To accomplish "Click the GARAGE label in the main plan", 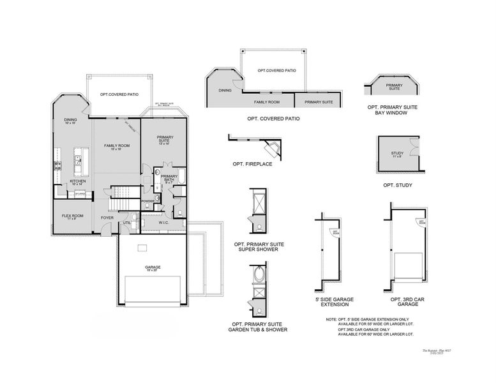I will [153, 267].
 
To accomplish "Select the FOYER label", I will [107, 218].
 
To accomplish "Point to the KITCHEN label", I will [78, 181].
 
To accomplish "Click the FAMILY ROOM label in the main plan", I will [117, 146].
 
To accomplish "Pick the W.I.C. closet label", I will [163, 223].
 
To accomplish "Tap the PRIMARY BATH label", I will [169, 178].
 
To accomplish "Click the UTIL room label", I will [126, 222].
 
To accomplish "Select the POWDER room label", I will [148, 200].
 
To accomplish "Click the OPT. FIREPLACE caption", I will [253, 164].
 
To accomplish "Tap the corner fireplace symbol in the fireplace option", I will [273, 149].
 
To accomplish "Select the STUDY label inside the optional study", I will [397, 154].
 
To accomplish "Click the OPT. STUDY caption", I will [397, 185].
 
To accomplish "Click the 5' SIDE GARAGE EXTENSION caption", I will [334, 301].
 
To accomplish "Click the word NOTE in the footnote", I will [331, 319].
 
